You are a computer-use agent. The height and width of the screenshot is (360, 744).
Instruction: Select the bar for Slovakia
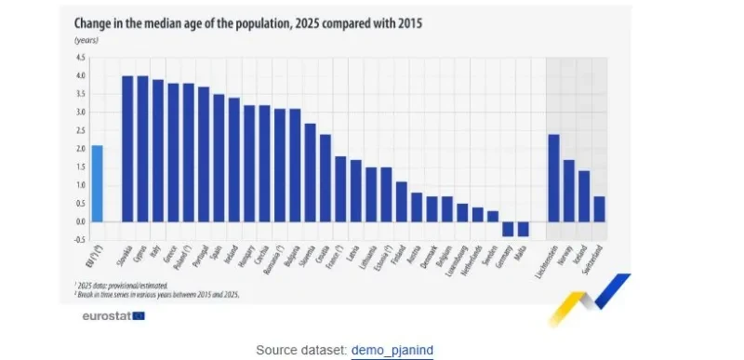pyautogui.click(x=128, y=149)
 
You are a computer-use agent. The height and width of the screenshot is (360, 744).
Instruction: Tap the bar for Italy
pyautogui.click(x=158, y=151)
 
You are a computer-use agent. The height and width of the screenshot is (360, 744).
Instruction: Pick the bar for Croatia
pyautogui.click(x=325, y=178)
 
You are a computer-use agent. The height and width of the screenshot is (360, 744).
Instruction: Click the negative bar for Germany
pyautogui.click(x=508, y=229)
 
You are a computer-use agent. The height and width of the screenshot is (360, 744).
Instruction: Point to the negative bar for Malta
pyautogui.click(x=523, y=229)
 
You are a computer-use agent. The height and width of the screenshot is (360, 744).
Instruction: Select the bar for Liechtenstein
pyautogui.click(x=553, y=178)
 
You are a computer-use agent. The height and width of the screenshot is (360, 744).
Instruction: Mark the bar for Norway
pyautogui.click(x=568, y=191)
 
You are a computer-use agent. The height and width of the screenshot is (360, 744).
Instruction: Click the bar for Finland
pyautogui.click(x=402, y=201)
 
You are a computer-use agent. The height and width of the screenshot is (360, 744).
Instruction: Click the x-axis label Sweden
pyautogui.click(x=491, y=257)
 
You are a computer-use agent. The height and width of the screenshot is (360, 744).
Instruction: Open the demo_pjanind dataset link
pyautogui.click(x=392, y=350)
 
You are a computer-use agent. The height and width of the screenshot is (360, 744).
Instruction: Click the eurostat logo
pyautogui.click(x=113, y=315)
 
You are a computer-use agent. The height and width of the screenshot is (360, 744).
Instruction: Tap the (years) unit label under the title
pyautogui.click(x=86, y=41)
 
